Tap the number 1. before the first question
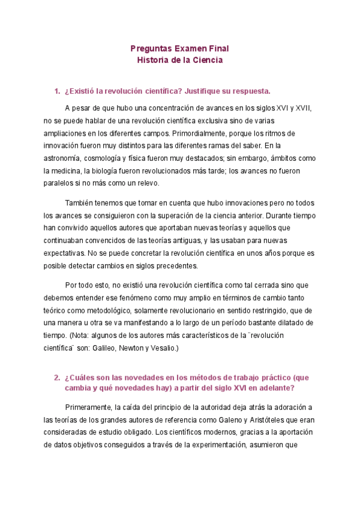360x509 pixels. pyautogui.click(x=58, y=91)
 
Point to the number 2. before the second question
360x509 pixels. pyautogui.click(x=58, y=378)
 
